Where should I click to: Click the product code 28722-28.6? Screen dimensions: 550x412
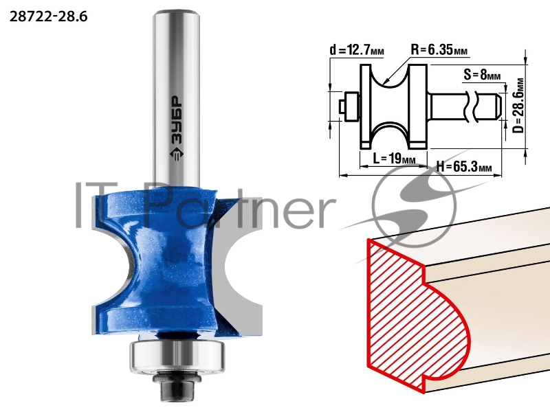(48, 16)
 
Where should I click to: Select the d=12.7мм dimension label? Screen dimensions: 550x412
(357, 50)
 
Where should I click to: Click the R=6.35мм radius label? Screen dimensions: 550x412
(439, 49)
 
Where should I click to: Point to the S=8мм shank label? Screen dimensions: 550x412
(483, 75)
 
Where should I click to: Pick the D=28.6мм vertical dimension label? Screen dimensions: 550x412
(518, 106)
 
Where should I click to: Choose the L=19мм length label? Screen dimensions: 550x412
(394, 159)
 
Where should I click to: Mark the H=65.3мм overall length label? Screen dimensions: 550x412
(463, 167)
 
